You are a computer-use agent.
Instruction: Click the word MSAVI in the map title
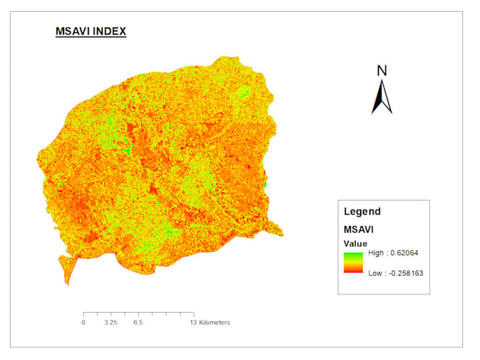coord(73,32)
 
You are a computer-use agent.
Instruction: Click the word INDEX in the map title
coord(110,32)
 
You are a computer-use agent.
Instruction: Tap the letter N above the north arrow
coord(382,70)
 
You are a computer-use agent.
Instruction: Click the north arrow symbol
coord(382,97)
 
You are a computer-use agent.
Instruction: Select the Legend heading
coord(362,211)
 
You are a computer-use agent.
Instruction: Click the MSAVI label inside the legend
coord(358,229)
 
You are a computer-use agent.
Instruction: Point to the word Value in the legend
coord(355,244)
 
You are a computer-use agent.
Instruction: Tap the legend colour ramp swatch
coord(354,263)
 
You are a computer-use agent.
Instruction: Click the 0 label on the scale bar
coord(83,323)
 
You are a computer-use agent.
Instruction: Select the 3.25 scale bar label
coord(110,323)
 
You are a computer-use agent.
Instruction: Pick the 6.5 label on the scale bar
coord(138,323)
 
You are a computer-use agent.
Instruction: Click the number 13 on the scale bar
coord(193,323)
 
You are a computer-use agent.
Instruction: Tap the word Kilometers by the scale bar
coord(215,323)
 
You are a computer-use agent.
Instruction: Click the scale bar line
coord(138,313)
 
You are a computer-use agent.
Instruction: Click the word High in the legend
coord(376,253)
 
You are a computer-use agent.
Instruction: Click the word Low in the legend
coord(375,272)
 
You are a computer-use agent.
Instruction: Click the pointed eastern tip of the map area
coord(281,234)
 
